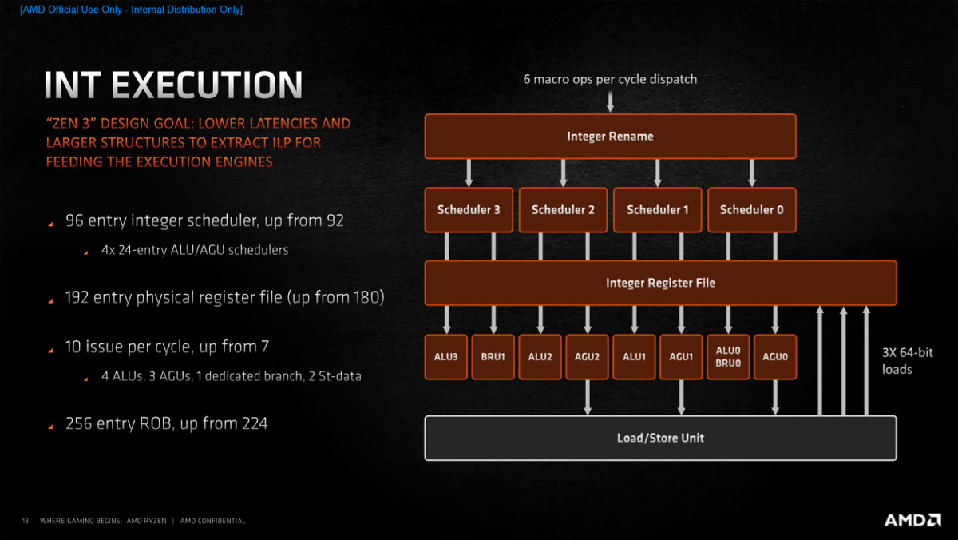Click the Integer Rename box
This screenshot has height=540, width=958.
(x=610, y=136)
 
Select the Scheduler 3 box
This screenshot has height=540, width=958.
(x=469, y=210)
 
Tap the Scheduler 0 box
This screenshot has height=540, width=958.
(x=752, y=210)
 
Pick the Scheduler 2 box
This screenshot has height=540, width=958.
(x=563, y=210)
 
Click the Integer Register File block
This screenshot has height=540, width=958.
(x=660, y=283)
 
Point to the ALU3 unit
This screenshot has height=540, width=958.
(x=446, y=356)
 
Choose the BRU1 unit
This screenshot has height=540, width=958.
(x=493, y=356)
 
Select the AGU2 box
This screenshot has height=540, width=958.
(x=587, y=356)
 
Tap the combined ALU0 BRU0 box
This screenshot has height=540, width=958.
(x=728, y=356)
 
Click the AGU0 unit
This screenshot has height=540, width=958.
(x=775, y=356)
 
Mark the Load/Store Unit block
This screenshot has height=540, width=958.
(x=660, y=438)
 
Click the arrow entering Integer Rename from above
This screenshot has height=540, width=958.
(x=610, y=101)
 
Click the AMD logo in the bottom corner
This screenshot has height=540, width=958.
(x=912, y=520)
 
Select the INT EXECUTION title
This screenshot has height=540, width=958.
(x=173, y=85)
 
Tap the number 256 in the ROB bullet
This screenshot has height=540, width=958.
(x=79, y=423)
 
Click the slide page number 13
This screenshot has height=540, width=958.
(x=25, y=521)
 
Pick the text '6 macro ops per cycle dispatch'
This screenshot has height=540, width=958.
(x=610, y=79)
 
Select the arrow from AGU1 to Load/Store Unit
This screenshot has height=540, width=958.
(x=681, y=397)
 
